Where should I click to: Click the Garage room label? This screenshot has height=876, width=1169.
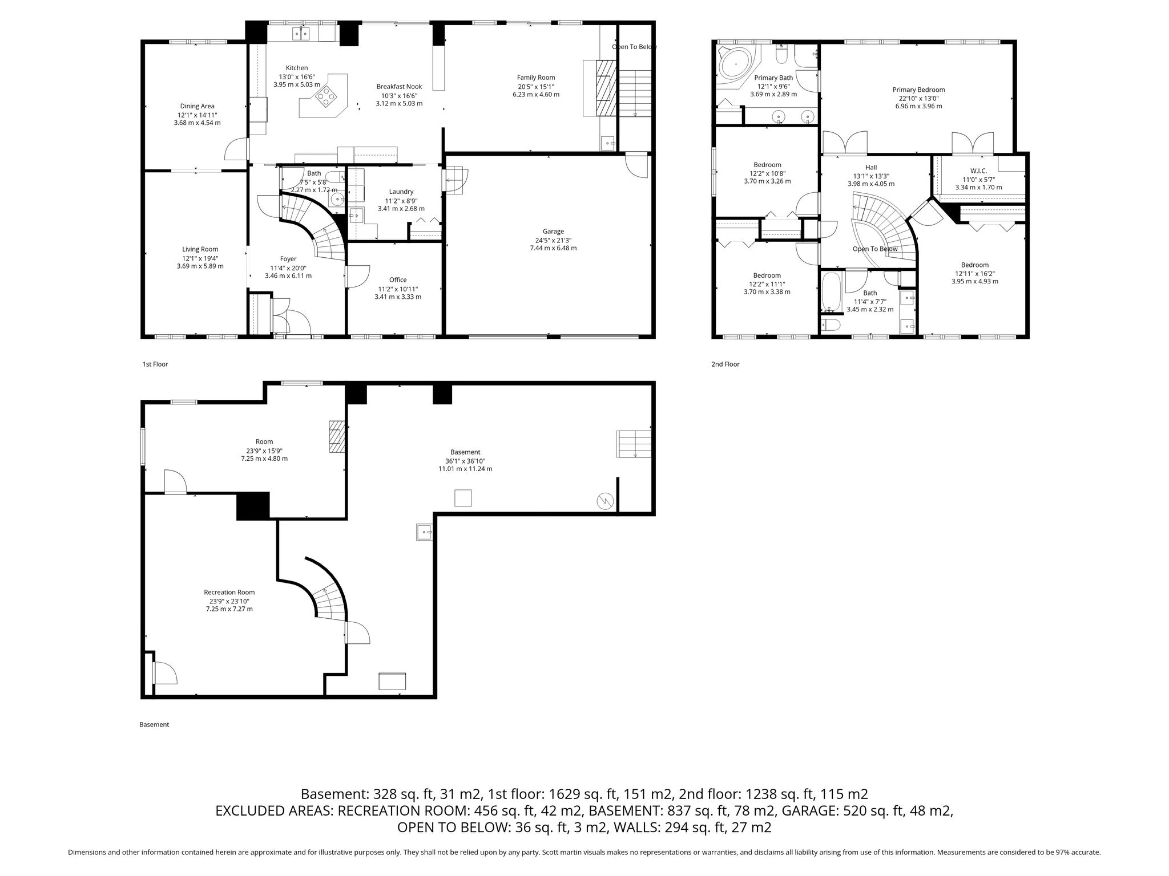click(x=553, y=232)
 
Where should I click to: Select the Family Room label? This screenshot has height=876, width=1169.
click(x=536, y=78)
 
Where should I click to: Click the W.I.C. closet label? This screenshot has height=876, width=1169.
click(x=978, y=171)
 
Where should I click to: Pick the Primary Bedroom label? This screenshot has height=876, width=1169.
click(x=918, y=90)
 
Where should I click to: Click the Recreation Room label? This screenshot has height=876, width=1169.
click(x=229, y=592)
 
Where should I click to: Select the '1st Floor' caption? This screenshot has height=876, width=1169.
click(x=155, y=364)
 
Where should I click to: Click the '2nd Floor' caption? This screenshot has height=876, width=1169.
click(x=725, y=364)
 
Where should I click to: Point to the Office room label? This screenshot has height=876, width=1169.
click(x=398, y=280)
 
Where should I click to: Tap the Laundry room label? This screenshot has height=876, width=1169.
click(x=401, y=192)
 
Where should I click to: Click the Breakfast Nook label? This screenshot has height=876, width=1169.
click(x=399, y=87)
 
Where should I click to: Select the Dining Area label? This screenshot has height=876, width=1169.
click(x=197, y=106)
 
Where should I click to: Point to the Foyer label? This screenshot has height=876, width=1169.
click(x=288, y=259)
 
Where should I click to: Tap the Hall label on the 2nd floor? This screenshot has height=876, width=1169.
click(x=871, y=167)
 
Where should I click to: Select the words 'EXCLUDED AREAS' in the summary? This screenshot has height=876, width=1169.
click(x=275, y=811)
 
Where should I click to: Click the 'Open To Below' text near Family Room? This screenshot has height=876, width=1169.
click(x=635, y=47)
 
